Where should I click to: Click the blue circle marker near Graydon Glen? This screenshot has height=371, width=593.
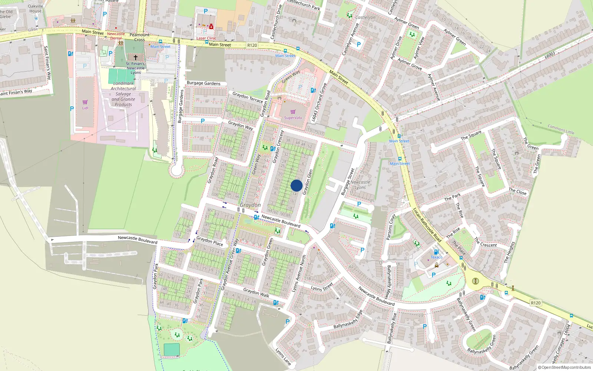click(x=296, y=185)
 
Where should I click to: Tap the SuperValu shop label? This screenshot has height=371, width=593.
click(x=293, y=118)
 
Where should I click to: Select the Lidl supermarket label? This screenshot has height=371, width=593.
click(x=85, y=108)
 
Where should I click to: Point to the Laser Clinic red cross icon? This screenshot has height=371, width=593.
click(x=211, y=27)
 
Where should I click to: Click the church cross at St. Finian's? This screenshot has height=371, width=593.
click(x=136, y=58)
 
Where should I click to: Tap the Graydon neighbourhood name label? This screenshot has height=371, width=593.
click(x=250, y=205)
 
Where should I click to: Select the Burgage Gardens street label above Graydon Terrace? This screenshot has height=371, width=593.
click(x=203, y=83)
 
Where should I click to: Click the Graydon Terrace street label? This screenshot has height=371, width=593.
click(x=248, y=98)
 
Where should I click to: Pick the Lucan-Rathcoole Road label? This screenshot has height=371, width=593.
click(x=427, y=225)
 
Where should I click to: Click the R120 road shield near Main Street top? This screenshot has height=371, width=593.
click(x=252, y=45)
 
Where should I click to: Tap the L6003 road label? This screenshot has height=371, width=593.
click(x=550, y=55)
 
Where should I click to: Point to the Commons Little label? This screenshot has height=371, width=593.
click(x=561, y=129)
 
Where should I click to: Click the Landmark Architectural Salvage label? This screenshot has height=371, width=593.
click(x=123, y=94)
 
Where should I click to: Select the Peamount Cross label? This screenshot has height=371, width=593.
click(x=140, y=37)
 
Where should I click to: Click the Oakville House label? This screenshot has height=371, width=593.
click(x=36, y=9)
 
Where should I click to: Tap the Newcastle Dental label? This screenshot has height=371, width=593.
click(x=116, y=36)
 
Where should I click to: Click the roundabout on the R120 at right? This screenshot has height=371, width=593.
click(x=476, y=281)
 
